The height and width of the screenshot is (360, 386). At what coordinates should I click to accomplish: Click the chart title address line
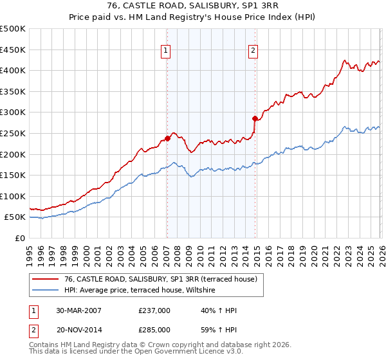[x=193, y=6]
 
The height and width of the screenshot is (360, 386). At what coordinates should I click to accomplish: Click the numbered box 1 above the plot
[x=166, y=51]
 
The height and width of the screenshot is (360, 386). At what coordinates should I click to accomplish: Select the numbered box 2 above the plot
[x=253, y=51]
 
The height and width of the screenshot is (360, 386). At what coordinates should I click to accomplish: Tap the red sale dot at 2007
[x=167, y=138]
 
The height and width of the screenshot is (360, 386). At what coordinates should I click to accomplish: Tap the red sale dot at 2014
[x=255, y=118]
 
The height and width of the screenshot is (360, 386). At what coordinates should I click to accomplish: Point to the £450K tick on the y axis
[x=13, y=50]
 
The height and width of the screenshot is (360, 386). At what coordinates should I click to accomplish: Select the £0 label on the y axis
[x=19, y=238]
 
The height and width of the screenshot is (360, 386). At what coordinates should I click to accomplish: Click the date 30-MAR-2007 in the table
[x=78, y=310]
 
